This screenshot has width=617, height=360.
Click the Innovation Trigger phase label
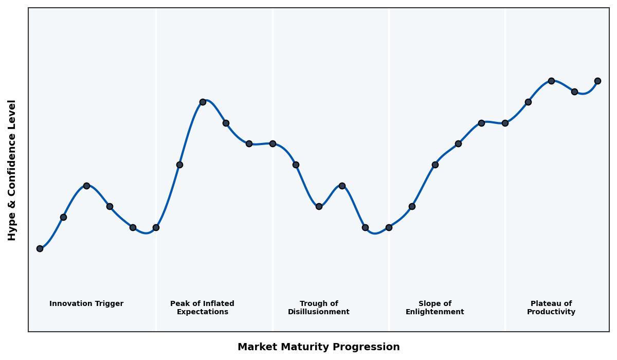tap(86, 304)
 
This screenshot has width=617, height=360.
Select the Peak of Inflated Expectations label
tap(202, 308)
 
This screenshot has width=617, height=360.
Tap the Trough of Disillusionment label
tap(319, 308)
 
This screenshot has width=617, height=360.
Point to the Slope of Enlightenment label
tap(435, 308)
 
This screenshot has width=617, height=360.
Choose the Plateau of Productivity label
tap(551, 308)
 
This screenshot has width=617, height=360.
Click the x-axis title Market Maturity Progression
tap(319, 347)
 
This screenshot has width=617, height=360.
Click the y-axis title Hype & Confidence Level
tap(12, 170)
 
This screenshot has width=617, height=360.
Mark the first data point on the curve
tap(40, 248)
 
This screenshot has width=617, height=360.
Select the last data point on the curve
tap(597, 81)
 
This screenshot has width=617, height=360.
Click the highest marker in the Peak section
tap(203, 102)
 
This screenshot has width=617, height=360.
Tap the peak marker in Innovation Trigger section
tap(86, 186)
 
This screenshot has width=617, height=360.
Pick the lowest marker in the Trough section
tap(365, 227)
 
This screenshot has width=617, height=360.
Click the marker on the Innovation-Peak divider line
tap(156, 227)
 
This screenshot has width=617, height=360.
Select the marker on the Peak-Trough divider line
tap(273, 143)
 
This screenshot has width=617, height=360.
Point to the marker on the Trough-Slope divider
tap(389, 227)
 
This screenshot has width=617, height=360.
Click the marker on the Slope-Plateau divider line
tap(505, 123)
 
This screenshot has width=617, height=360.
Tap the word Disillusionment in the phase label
tap(319, 312)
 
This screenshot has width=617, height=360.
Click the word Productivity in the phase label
tap(551, 312)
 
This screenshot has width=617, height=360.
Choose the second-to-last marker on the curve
tap(574, 92)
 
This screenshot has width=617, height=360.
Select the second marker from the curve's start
tap(63, 217)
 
